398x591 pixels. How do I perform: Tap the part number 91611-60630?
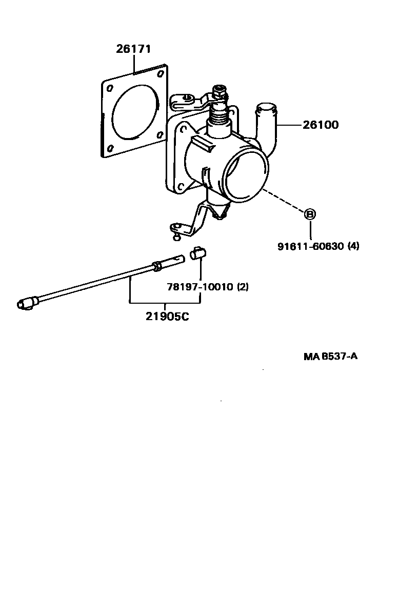[x=311, y=246]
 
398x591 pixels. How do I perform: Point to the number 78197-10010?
[x=200, y=287]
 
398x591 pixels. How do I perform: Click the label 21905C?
[x=167, y=316]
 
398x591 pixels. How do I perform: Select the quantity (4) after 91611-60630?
[x=353, y=246]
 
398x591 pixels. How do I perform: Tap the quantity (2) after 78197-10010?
[x=243, y=287]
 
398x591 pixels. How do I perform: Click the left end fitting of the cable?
[x=26, y=304]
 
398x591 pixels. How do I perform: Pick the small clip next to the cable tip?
[x=197, y=254]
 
